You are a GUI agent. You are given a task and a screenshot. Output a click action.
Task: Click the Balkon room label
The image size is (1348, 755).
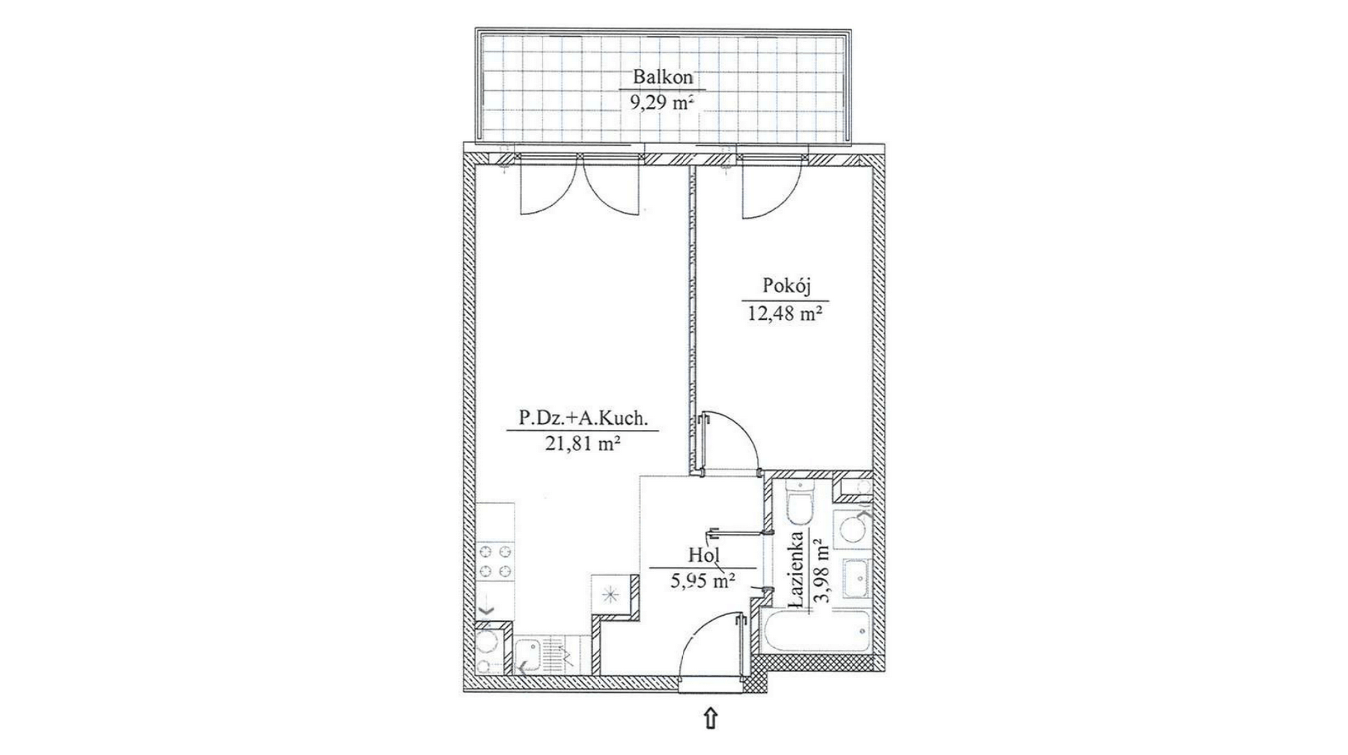663,76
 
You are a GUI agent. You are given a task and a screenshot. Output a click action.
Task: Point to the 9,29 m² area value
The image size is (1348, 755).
662,103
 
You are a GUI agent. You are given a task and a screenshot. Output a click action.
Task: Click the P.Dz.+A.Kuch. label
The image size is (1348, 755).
581,418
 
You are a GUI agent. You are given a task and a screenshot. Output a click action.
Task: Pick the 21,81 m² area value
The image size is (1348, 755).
581,444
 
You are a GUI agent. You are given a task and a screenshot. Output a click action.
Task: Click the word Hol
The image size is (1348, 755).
703,555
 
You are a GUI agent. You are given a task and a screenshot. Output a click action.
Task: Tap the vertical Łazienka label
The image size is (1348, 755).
797,569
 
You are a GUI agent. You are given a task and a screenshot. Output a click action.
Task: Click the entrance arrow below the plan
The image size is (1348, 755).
710,718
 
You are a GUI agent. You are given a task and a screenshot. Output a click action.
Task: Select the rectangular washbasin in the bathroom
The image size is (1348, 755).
855,578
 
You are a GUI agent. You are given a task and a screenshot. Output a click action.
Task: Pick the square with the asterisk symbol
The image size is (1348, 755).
613,596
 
